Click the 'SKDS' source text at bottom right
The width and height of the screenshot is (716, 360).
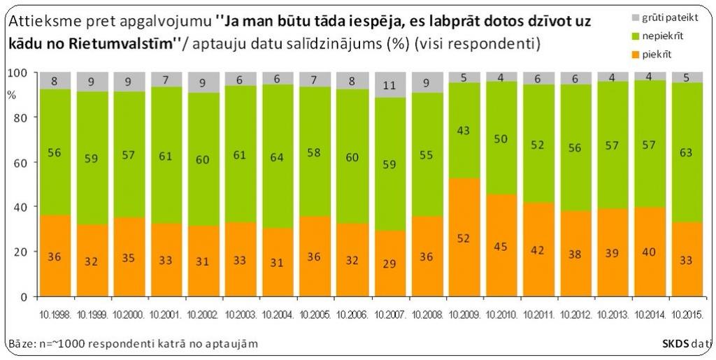675,343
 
